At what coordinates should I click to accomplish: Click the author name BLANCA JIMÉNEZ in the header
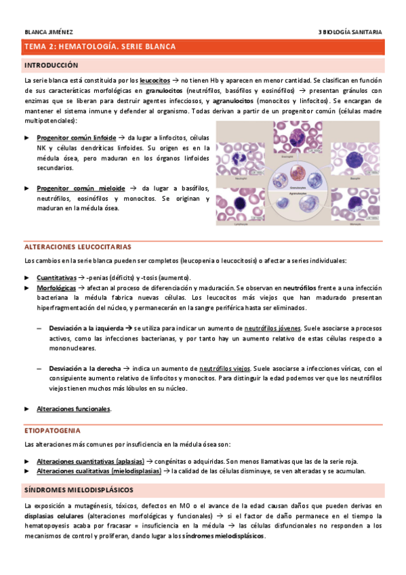tap(49, 31)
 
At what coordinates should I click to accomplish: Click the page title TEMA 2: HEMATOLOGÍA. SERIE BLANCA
tap(100, 47)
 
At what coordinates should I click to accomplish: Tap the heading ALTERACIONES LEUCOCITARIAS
tap(77, 247)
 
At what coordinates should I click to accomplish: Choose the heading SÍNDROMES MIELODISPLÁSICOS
tap(79, 489)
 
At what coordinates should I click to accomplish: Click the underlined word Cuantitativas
tap(56, 278)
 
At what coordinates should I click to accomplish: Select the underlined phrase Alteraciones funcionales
tap(73, 409)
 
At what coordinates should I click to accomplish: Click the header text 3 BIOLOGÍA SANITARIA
tap(350, 31)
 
